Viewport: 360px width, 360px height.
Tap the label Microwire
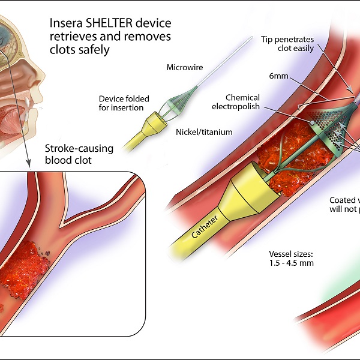pos(182,67)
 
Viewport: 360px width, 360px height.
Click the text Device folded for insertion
pos(124,103)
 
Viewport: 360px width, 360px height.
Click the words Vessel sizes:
pos(291,253)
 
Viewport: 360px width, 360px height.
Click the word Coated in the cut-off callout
pos(344,200)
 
